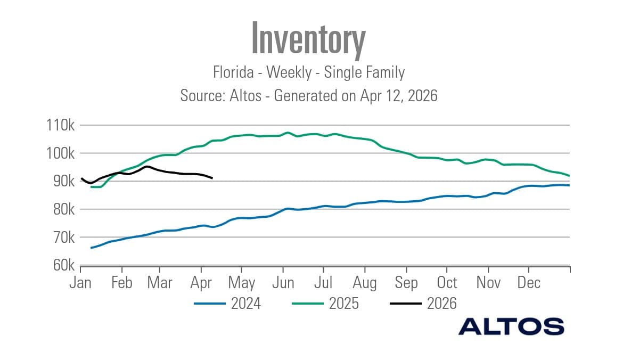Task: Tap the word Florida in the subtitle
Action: click(x=232, y=72)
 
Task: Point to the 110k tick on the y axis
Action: click(x=61, y=126)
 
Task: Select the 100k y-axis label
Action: click(x=61, y=154)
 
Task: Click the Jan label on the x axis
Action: click(x=80, y=282)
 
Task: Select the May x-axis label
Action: click(x=241, y=282)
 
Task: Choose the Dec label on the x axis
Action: click(x=529, y=282)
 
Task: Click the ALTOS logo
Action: click(x=511, y=326)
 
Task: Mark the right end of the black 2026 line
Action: click(x=212, y=178)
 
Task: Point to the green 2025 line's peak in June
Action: click(x=288, y=133)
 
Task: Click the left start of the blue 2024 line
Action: click(x=92, y=248)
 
